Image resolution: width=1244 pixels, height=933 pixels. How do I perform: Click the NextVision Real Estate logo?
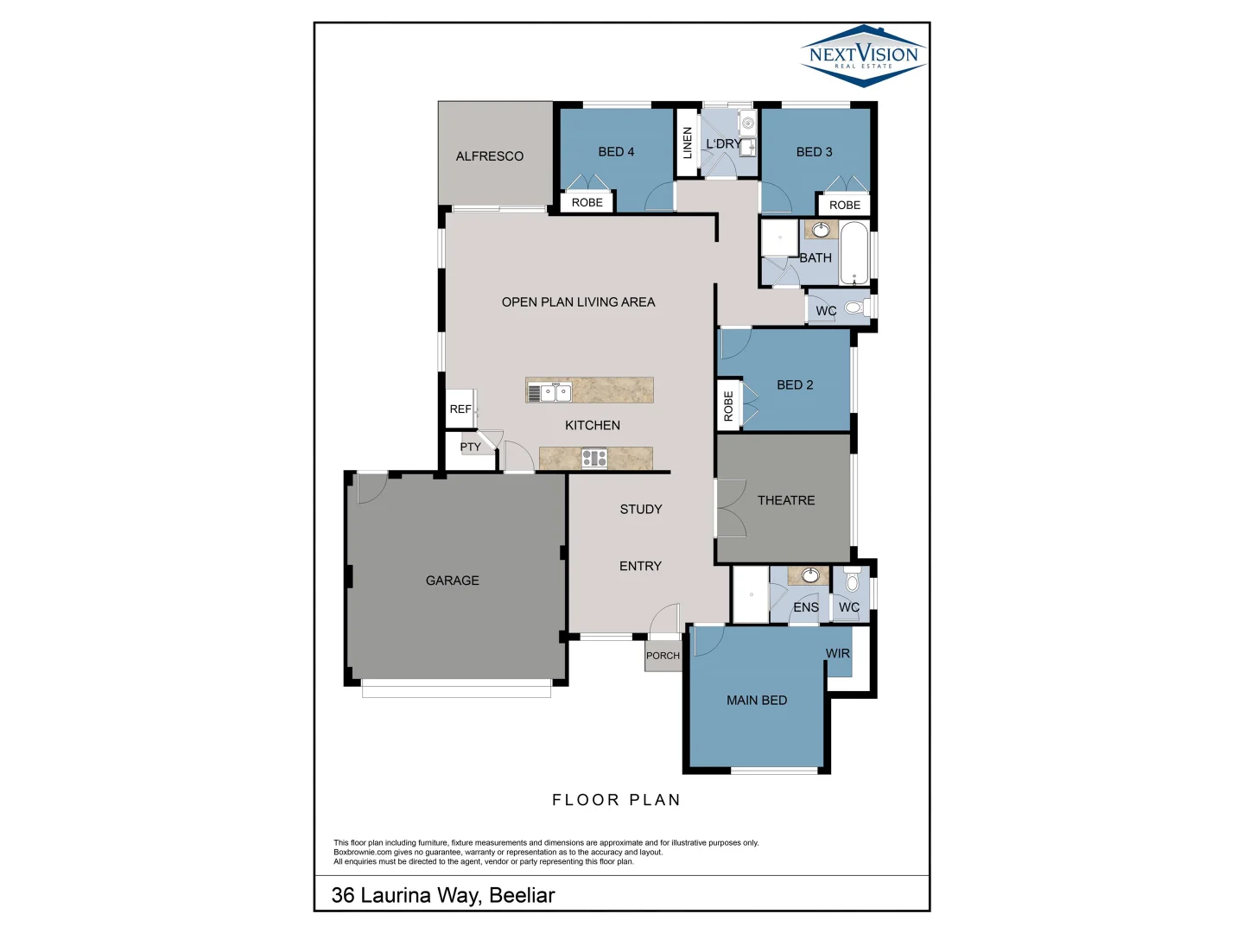[863, 55]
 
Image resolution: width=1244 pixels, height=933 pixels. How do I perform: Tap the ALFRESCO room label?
[489, 156]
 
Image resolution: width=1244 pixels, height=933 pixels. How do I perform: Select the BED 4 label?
[616, 152]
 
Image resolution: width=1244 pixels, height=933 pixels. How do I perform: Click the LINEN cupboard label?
[688, 143]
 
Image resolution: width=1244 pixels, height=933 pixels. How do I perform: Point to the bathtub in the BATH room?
[854, 254]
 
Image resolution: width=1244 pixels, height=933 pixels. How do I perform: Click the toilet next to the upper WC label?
[854, 308]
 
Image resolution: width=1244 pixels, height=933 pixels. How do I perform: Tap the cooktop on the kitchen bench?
[594, 459]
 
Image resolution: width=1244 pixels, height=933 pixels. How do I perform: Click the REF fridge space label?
[460, 409]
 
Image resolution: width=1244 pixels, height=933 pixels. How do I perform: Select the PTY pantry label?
[470, 447]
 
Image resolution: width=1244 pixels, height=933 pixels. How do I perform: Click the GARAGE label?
[452, 581]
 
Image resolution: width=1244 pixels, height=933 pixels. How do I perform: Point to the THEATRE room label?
[785, 500]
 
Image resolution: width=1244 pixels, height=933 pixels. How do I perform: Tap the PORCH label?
[663, 656]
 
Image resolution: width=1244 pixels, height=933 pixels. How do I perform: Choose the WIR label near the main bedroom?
[837, 653]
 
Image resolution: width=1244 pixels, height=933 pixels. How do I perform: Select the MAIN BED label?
[756, 701]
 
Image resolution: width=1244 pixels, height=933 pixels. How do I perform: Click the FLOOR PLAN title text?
[616, 800]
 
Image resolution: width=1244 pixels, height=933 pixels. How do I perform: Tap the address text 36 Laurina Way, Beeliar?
[443, 895]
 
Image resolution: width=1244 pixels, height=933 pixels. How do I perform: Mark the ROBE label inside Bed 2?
[728, 405]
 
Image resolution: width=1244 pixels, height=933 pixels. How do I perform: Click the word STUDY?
[640, 510]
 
